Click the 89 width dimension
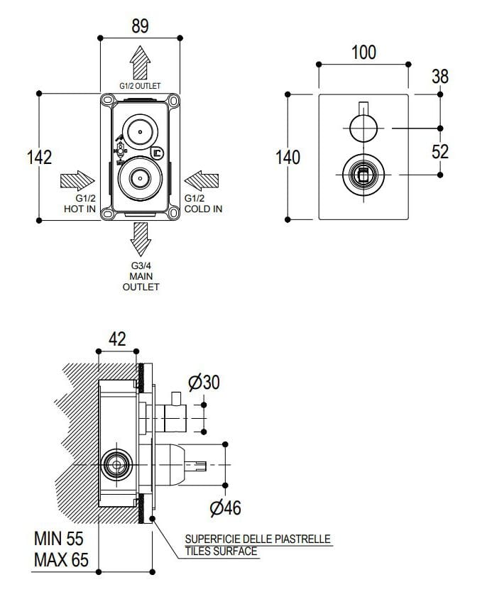point(140,27)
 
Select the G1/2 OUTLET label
point(141,86)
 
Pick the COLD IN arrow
point(203,179)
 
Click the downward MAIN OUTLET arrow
point(141,240)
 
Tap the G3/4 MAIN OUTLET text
point(141,276)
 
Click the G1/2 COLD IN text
point(203,204)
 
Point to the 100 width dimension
point(363,53)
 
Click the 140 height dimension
point(288,156)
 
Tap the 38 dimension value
point(440,76)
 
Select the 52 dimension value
point(440,150)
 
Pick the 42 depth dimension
point(117,339)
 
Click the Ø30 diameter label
point(204,382)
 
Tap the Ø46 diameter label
point(225,508)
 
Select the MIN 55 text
point(60,540)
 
